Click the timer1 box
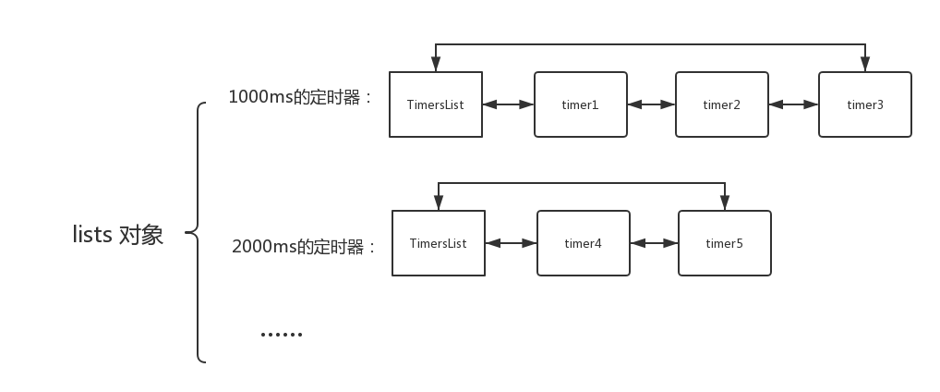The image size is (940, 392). click(580, 104)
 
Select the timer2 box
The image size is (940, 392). click(722, 104)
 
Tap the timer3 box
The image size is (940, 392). click(865, 104)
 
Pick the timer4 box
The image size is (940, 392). click(584, 243)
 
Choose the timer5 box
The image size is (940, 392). click(725, 243)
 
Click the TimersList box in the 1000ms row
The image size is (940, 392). click(436, 104)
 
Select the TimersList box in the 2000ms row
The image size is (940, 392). click(439, 243)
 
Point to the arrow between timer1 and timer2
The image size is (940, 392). click(651, 104)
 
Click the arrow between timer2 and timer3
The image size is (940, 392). click(793, 104)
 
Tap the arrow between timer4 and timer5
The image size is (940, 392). click(654, 243)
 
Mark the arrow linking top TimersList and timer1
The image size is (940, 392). click(508, 104)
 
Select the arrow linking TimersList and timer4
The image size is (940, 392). click(511, 243)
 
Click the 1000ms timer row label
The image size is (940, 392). click(300, 97)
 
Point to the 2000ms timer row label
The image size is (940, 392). click(304, 246)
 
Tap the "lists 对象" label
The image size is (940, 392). click(117, 234)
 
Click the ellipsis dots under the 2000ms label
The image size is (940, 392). click(281, 335)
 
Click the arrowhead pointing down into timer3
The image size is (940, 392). click(865, 64)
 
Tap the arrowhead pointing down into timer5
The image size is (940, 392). click(725, 202)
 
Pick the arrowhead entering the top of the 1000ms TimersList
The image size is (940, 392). click(436, 64)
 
